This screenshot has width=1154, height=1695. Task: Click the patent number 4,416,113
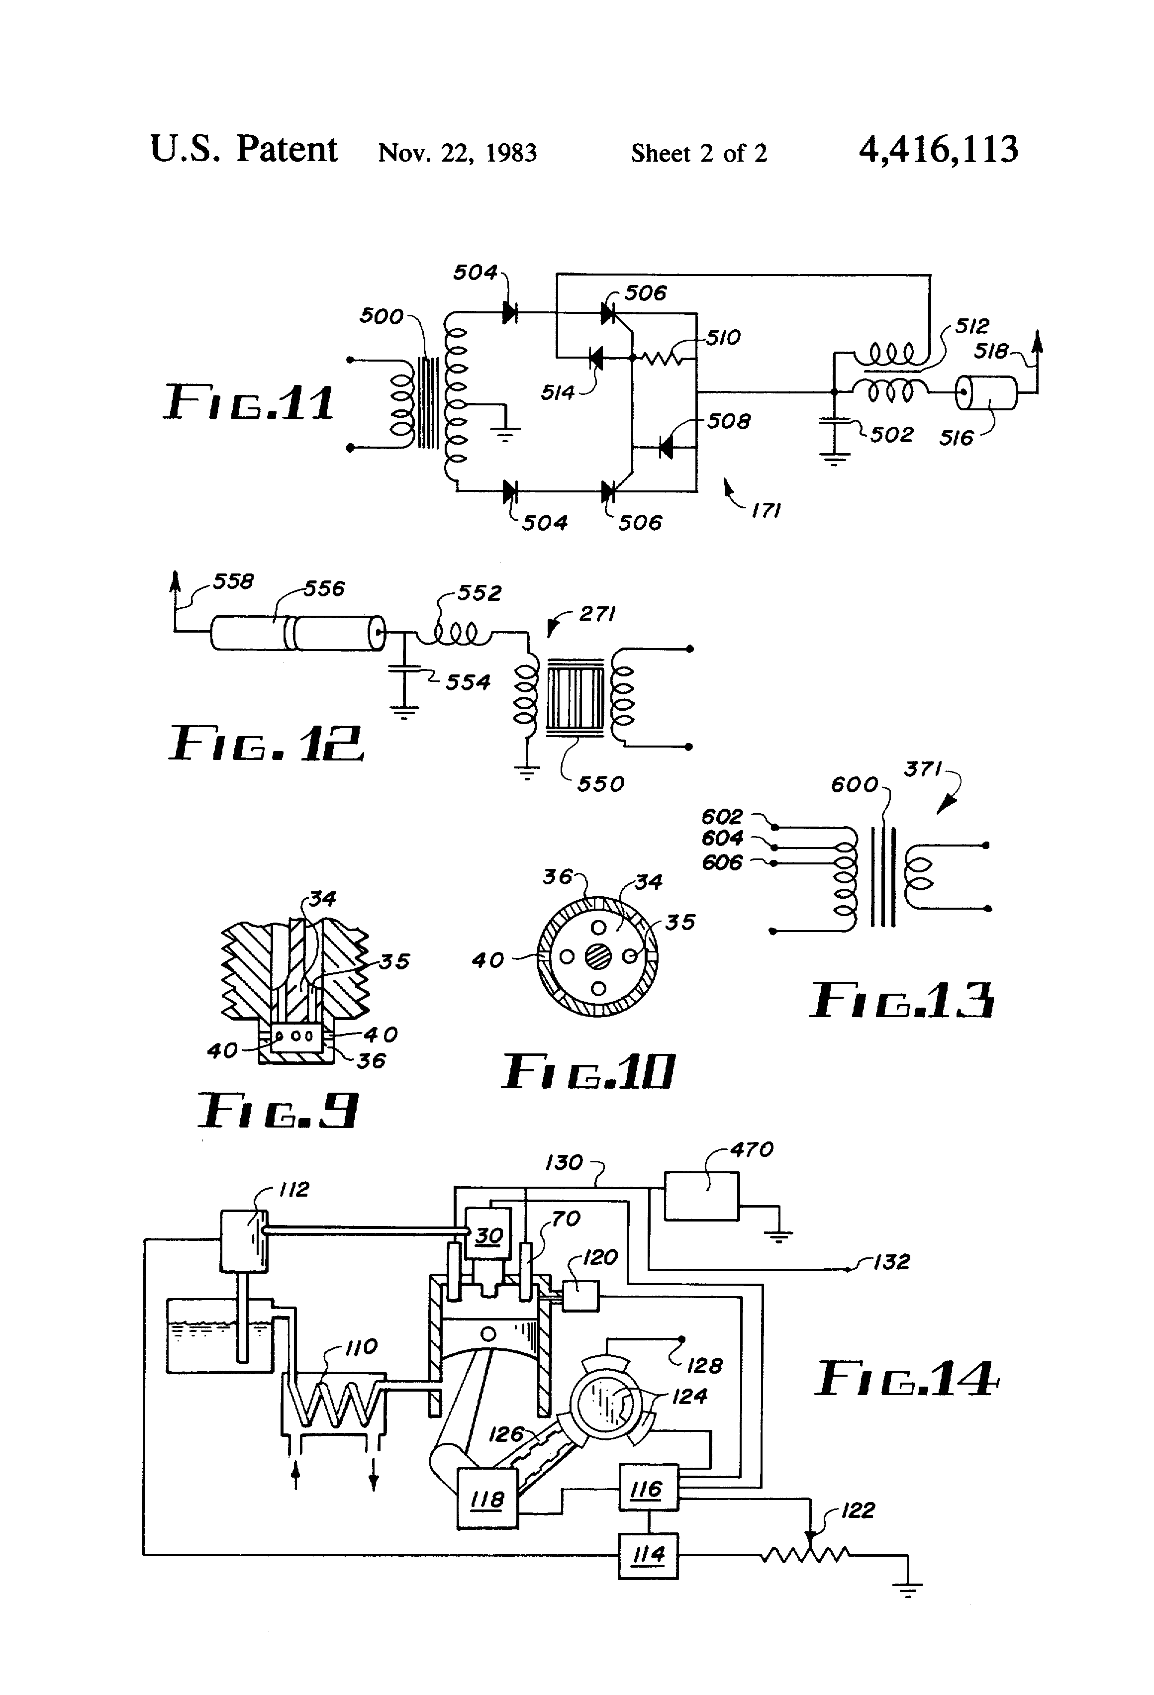tap(938, 150)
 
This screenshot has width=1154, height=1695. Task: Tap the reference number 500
tap(381, 316)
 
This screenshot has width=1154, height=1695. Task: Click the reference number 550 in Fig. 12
tap(600, 784)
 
